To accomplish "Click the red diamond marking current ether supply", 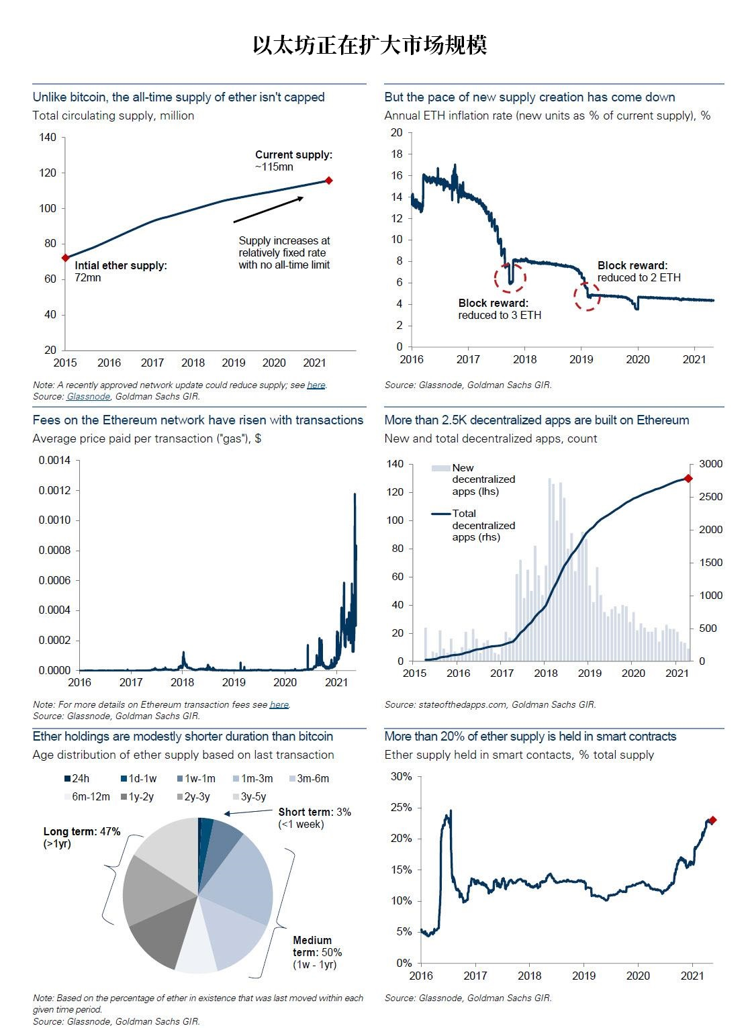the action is pyautogui.click(x=328, y=181).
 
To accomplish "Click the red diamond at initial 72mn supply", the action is pyautogui.click(x=65, y=257).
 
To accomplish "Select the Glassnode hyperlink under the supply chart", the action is pyautogui.click(x=88, y=396).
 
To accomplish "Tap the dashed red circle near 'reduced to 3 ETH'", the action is pyautogui.click(x=510, y=278).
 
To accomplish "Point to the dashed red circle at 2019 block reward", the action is pyautogui.click(x=587, y=297).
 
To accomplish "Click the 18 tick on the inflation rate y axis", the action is pyautogui.click(x=397, y=154).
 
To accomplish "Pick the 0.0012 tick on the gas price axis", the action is pyautogui.click(x=54, y=490).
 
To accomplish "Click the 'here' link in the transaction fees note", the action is pyautogui.click(x=279, y=704).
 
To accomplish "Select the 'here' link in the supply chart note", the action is pyautogui.click(x=316, y=385).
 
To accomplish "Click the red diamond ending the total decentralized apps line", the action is pyautogui.click(x=688, y=478).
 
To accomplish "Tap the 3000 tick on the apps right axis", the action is pyautogui.click(x=710, y=463).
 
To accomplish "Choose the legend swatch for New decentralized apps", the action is pyautogui.click(x=440, y=468).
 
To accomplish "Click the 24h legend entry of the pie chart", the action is pyautogui.click(x=77, y=778).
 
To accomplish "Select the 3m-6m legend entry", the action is pyautogui.click(x=310, y=778).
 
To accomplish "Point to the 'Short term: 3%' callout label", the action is pyautogui.click(x=314, y=812).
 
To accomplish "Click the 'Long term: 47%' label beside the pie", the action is pyautogui.click(x=82, y=831).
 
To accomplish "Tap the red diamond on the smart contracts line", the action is pyautogui.click(x=712, y=820).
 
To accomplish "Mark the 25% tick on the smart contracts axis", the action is pyautogui.click(x=401, y=807).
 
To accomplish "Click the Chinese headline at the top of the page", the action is pyautogui.click(x=370, y=45).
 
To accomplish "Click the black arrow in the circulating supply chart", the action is pyautogui.click(x=269, y=209).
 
